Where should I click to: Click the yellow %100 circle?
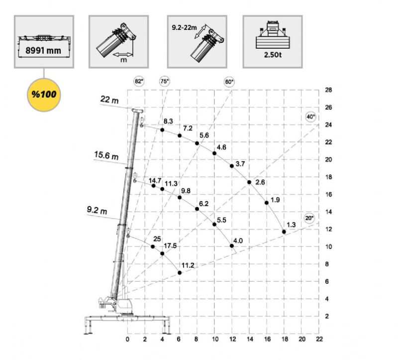[x=44, y=95]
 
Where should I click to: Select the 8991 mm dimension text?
[x=43, y=50]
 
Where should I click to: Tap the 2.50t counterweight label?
[x=273, y=55]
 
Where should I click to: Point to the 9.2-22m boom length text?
[x=184, y=27]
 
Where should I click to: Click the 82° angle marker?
[x=139, y=81]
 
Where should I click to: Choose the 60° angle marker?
[x=229, y=82]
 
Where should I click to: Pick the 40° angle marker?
[x=310, y=117]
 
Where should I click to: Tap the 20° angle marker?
[x=309, y=218]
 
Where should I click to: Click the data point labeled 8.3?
[x=162, y=130]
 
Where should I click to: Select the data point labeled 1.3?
[x=284, y=232]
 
